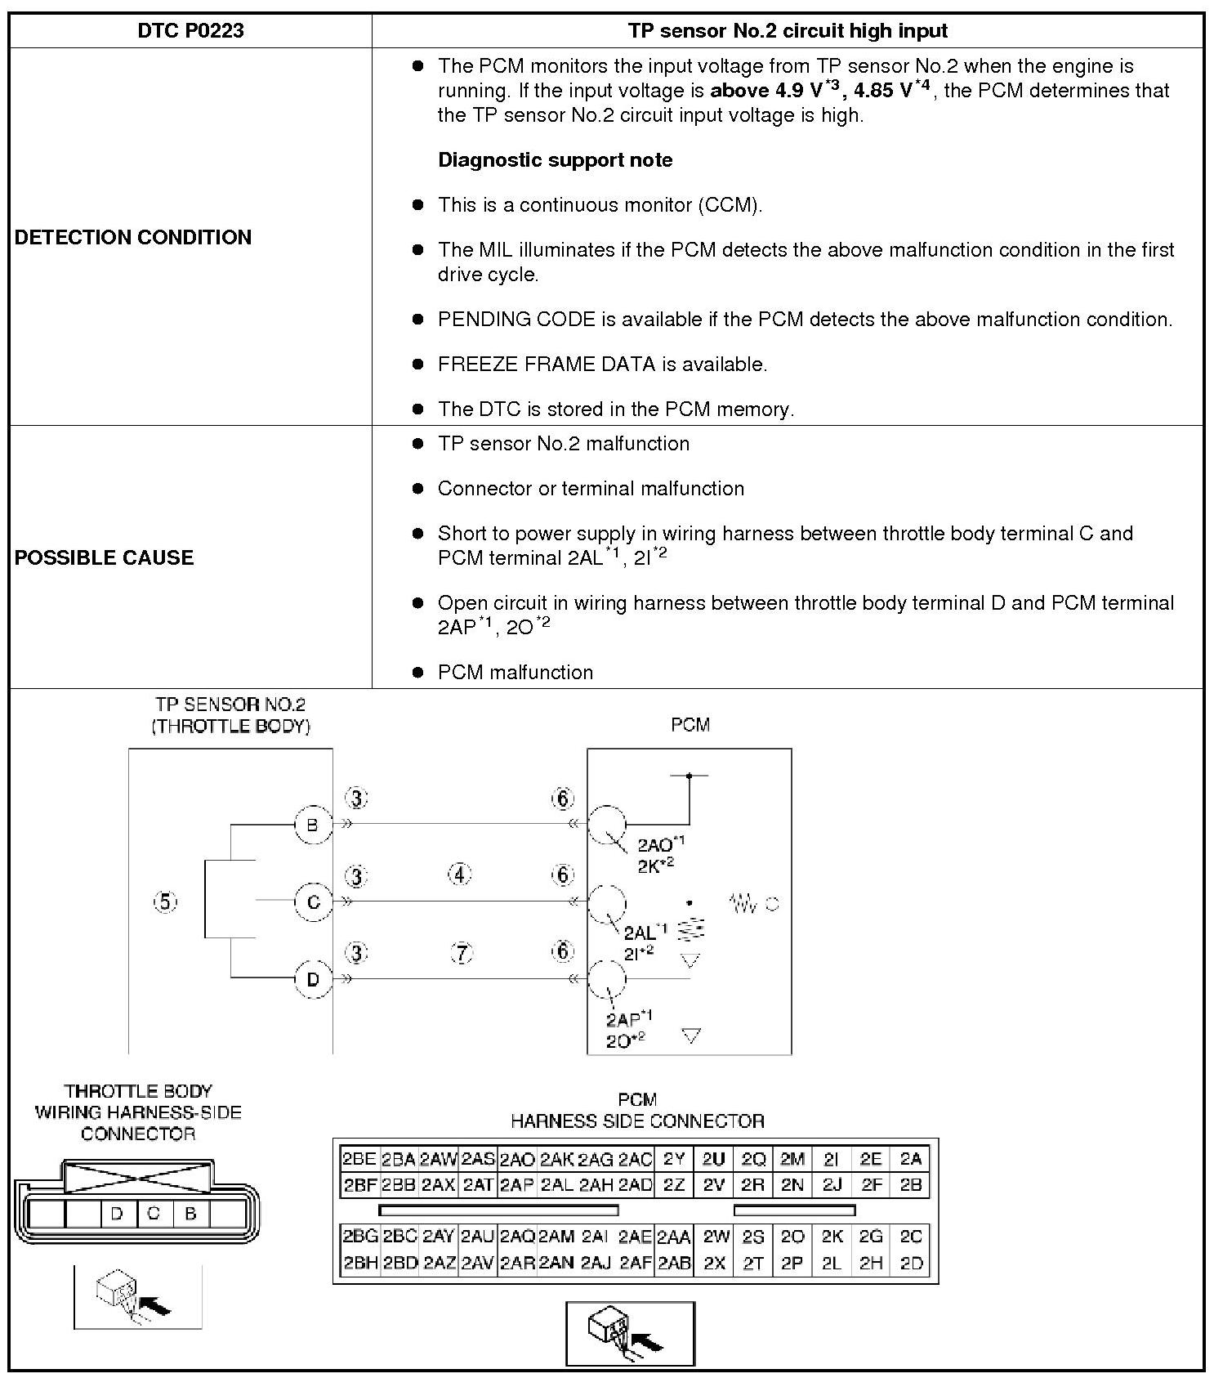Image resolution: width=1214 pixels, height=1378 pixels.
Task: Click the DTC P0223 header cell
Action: tap(190, 31)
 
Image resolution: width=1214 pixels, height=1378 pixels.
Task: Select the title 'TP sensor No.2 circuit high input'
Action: tap(788, 31)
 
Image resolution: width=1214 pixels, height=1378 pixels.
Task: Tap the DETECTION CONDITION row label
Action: tap(133, 237)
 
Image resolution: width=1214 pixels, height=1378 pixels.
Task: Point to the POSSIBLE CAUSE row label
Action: tap(105, 557)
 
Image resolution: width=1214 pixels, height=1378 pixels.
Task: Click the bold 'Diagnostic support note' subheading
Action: tap(556, 159)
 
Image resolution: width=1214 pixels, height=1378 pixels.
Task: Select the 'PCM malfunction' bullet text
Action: tap(516, 672)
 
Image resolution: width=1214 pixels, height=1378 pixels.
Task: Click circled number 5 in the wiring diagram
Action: tap(165, 902)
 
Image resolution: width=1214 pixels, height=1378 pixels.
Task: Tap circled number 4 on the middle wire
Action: tap(460, 875)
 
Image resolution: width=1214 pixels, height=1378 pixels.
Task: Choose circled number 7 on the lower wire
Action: tap(462, 952)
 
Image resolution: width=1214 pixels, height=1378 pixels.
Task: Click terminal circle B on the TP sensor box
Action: tap(313, 825)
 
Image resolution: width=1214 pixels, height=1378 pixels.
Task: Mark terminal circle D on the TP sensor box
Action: tap(313, 978)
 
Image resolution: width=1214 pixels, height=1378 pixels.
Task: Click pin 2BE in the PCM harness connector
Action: tap(359, 1158)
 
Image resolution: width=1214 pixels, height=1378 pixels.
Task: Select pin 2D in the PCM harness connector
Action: tap(911, 1263)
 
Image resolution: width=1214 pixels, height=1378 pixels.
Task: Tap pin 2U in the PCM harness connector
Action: tap(713, 1158)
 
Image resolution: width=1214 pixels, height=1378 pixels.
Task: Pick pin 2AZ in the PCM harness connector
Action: tap(439, 1263)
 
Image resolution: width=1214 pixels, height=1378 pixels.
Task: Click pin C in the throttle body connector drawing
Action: tap(154, 1213)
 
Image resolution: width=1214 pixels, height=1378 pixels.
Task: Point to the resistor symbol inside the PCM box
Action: tap(743, 903)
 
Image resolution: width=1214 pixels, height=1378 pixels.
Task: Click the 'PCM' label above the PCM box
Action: tap(690, 724)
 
